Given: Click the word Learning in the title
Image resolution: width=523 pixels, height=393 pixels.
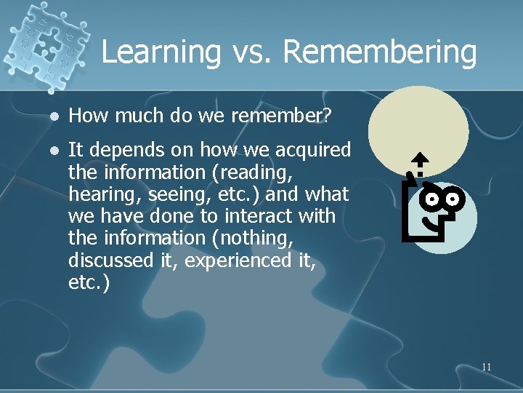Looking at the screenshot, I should click(161, 52).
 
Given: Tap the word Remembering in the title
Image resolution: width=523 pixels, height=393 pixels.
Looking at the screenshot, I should click(380, 52).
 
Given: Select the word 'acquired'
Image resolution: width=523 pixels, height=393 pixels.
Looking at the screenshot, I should click(315, 150).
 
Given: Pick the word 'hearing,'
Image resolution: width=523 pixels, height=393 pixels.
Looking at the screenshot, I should click(99, 194).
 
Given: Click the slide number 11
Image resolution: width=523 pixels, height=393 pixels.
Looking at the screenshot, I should click(486, 367).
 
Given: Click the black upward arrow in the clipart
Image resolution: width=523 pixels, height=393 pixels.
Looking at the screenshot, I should click(421, 161).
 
